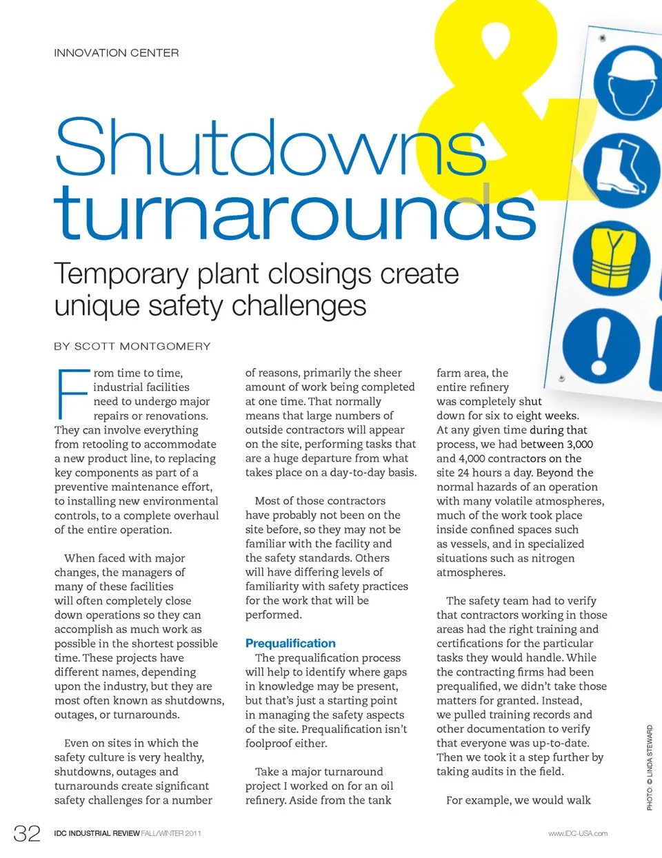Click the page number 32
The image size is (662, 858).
coord(27,834)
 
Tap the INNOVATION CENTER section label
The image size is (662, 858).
coord(117,53)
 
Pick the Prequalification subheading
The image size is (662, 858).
coord(290,643)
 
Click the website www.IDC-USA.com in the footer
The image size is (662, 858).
coord(578,833)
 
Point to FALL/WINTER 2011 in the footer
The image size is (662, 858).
coord(172,833)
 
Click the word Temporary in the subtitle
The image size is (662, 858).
coord(121,274)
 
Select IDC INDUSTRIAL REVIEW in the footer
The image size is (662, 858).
coord(97,833)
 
